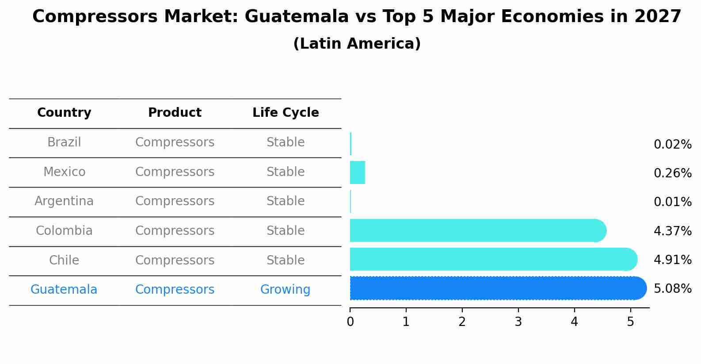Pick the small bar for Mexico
click(357, 172)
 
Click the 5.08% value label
click(672, 289)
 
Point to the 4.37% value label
click(672, 231)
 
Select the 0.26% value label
click(672, 173)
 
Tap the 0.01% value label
click(672, 202)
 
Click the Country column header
click(64, 113)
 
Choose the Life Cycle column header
click(286, 113)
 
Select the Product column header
click(175, 113)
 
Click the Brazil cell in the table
click(64, 142)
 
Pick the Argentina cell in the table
click(64, 201)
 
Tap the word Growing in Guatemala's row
click(285, 290)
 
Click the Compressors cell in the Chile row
click(175, 260)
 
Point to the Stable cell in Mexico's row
click(285, 172)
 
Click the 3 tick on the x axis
click(518, 322)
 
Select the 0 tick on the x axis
click(350, 322)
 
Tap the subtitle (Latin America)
click(357, 44)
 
